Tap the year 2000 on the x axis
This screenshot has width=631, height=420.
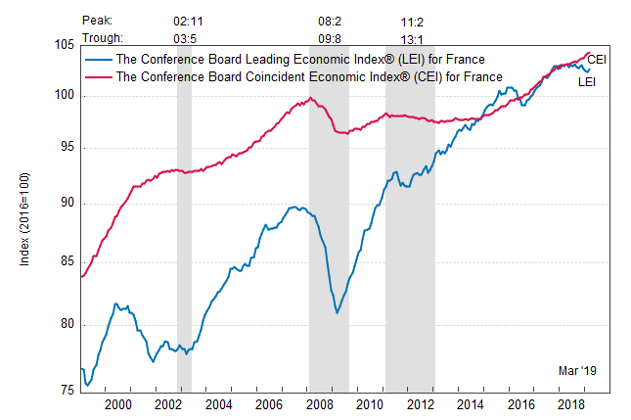tap(117, 403)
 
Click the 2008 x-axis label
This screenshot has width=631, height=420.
tap(319, 403)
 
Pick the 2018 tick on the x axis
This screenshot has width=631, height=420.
tap(569, 403)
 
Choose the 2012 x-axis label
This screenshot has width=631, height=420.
tap(419, 403)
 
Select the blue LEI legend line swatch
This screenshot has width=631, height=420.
tap(98, 59)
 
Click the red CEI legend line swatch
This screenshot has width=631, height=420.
tap(98, 76)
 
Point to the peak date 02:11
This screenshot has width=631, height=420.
tap(187, 19)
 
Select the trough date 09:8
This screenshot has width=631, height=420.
tap(330, 38)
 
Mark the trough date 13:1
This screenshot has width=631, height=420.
tap(410, 38)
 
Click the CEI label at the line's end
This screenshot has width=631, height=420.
tap(597, 60)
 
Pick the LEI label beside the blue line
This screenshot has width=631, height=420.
tap(589, 81)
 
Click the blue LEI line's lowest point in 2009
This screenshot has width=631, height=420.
tap(337, 313)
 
